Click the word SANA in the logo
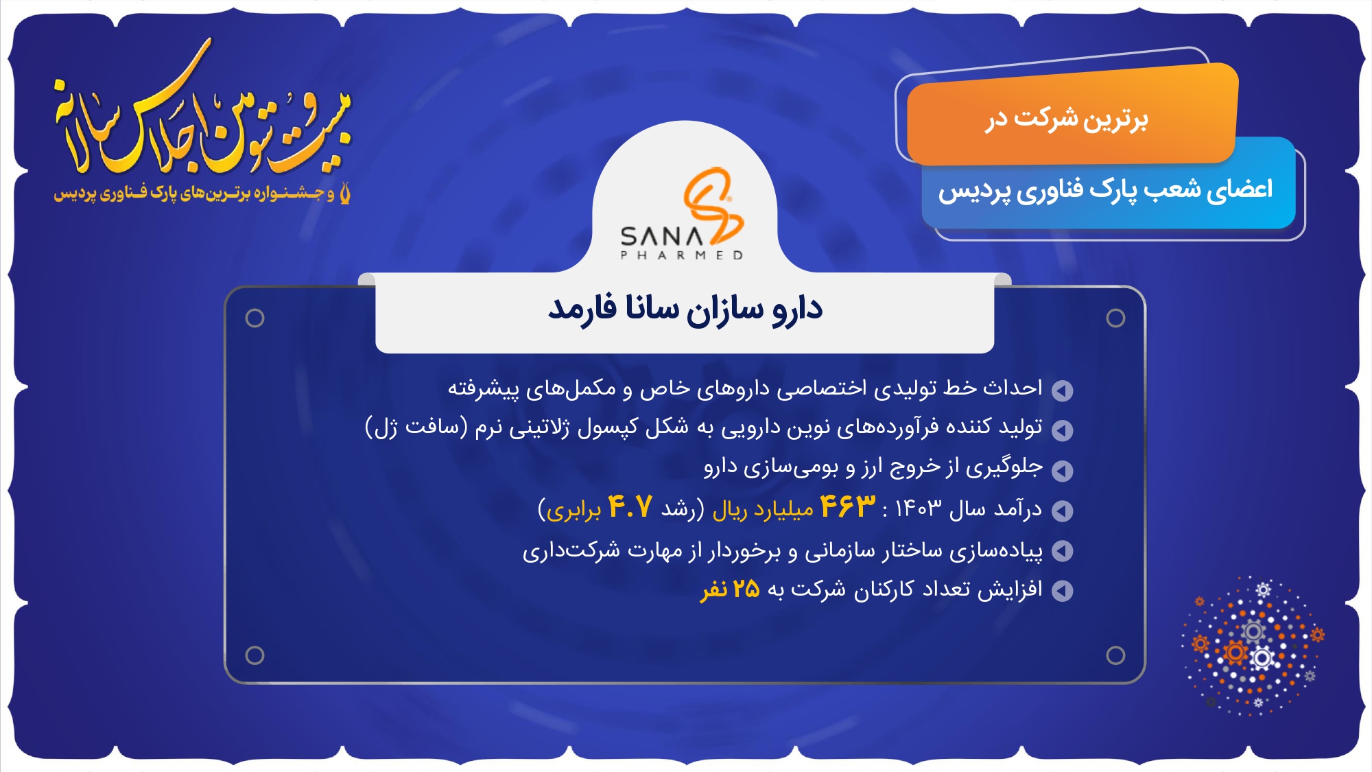(662, 237)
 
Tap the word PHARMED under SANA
(682, 255)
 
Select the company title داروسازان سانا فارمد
(685, 309)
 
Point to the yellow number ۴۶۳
(848, 506)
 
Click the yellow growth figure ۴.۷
(630, 507)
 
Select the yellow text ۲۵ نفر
(730, 589)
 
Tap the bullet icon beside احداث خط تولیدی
(1063, 390)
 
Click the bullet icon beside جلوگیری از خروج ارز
(1063, 471)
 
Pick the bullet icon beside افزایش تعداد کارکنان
(1063, 591)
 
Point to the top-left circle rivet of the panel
(255, 318)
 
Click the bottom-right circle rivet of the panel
(1115, 655)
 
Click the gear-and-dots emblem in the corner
(1253, 645)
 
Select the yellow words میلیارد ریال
(763, 509)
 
